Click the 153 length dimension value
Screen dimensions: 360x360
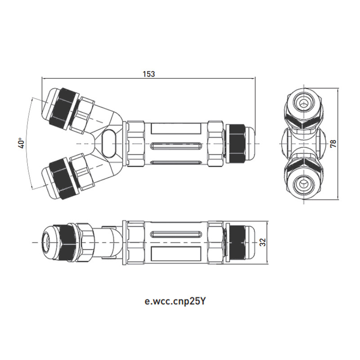click(149, 74)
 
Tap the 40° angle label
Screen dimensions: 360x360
click(21, 143)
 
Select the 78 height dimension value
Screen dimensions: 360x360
click(333, 144)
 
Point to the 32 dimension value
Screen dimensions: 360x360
click(263, 242)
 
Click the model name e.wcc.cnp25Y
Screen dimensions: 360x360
click(175, 301)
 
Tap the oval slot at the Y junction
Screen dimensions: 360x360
click(109, 143)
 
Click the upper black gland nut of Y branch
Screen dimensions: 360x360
click(63, 108)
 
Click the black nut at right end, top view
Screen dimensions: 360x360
click(236, 143)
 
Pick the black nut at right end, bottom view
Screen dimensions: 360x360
click(238, 243)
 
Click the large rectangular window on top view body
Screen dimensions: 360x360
click(176, 129)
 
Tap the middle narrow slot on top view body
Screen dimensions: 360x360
click(176, 145)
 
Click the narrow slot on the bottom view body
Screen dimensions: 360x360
click(176, 234)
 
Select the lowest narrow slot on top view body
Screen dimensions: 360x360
click(176, 162)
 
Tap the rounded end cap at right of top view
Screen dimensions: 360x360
click(250, 143)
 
